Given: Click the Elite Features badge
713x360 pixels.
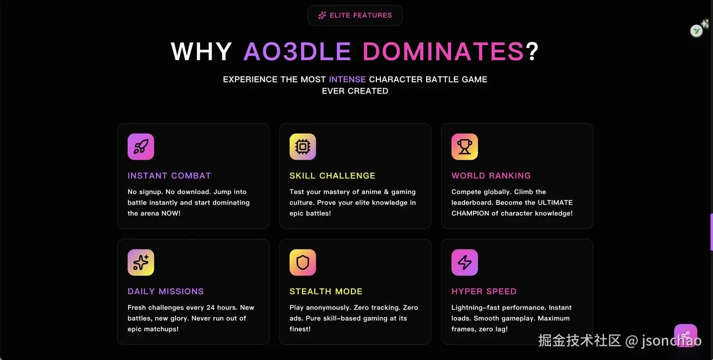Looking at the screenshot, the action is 355,15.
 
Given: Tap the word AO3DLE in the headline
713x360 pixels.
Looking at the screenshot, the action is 297,51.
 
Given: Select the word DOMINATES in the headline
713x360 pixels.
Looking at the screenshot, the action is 443,51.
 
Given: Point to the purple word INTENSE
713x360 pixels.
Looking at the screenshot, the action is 347,79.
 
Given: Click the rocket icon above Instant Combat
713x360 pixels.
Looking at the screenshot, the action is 141,147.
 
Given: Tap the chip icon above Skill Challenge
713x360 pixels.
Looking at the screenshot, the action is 302,147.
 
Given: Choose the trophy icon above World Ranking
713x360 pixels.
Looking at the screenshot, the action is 465,147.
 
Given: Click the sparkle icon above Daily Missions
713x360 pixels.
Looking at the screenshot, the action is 141,262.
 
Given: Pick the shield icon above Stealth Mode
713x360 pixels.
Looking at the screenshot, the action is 302,262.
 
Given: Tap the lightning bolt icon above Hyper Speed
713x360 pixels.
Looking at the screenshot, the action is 465,262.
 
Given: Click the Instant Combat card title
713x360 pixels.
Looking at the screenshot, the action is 169,176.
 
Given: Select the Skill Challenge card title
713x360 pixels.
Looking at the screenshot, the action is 333,176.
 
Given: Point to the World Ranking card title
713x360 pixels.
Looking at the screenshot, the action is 491,176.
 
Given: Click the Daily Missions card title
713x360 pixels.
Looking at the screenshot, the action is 165,291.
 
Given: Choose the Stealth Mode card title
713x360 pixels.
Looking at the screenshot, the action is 326,291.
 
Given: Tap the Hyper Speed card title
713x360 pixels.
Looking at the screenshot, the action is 484,291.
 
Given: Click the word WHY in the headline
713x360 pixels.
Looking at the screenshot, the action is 201,51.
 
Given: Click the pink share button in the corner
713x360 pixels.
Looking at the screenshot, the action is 686,335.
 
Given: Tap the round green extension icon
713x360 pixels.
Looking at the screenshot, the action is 696,31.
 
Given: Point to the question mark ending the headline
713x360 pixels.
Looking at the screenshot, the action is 532,51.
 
